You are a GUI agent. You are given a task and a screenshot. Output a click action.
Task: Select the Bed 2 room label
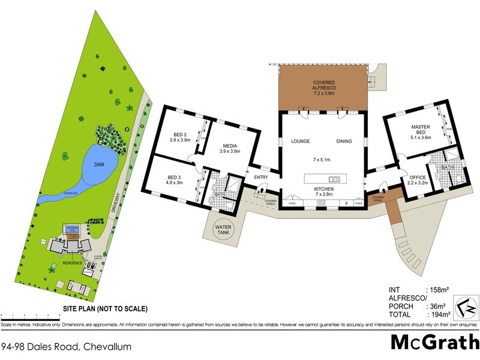[x=180, y=136]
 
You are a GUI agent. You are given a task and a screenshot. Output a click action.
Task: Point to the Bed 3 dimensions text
[x=176, y=182]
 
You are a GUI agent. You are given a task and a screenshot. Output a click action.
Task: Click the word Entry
[x=261, y=177]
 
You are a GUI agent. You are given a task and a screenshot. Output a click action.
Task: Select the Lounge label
[x=299, y=142]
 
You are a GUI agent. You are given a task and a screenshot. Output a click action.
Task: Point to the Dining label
[x=344, y=142]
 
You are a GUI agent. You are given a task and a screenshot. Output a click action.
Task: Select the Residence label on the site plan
[x=71, y=263]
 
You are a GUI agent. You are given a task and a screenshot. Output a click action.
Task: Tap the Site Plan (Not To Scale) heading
[x=105, y=309]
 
